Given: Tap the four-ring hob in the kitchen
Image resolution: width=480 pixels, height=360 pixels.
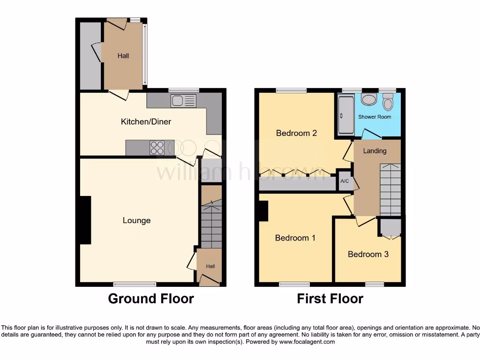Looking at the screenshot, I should click(157, 148).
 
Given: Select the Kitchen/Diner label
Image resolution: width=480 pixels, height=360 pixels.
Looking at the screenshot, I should click(146, 122).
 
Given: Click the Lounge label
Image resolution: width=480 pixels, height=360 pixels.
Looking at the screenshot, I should click(137, 220).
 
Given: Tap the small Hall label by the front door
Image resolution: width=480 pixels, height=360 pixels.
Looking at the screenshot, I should click(210, 266).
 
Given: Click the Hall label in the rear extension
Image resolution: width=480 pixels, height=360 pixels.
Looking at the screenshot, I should click(123, 56).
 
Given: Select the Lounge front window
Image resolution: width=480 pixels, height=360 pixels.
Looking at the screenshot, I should click(135, 284).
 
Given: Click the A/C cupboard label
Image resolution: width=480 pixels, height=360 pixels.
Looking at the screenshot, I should click(345, 181).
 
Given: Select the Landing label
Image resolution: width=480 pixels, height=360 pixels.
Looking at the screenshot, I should click(375, 151).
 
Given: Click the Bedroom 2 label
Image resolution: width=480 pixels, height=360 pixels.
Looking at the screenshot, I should click(296, 133).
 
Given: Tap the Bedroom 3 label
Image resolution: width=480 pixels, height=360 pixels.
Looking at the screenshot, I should click(368, 254).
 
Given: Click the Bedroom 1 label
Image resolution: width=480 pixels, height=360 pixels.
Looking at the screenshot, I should click(295, 238).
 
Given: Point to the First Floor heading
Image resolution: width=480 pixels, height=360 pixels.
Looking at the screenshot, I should click(330, 299).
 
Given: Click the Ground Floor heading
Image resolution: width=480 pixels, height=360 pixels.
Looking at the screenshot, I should click(151, 299).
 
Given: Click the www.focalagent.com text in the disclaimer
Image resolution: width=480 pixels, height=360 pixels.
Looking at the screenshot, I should click(307, 342).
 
